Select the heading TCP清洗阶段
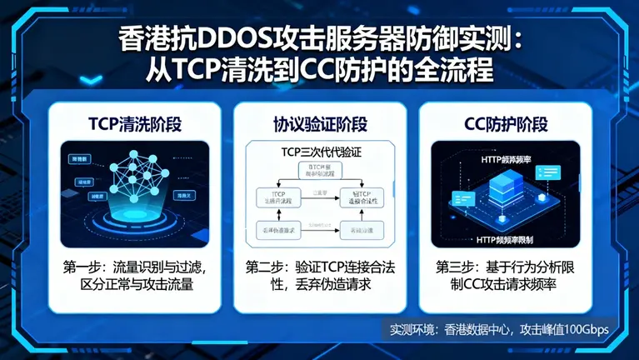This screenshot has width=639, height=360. [x=135, y=125]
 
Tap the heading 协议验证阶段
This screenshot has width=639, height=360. [x=319, y=125]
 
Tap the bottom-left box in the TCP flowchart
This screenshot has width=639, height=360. [x=274, y=229]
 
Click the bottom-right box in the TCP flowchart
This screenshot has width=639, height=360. [x=362, y=229]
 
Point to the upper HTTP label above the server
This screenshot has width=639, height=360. [x=508, y=158]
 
